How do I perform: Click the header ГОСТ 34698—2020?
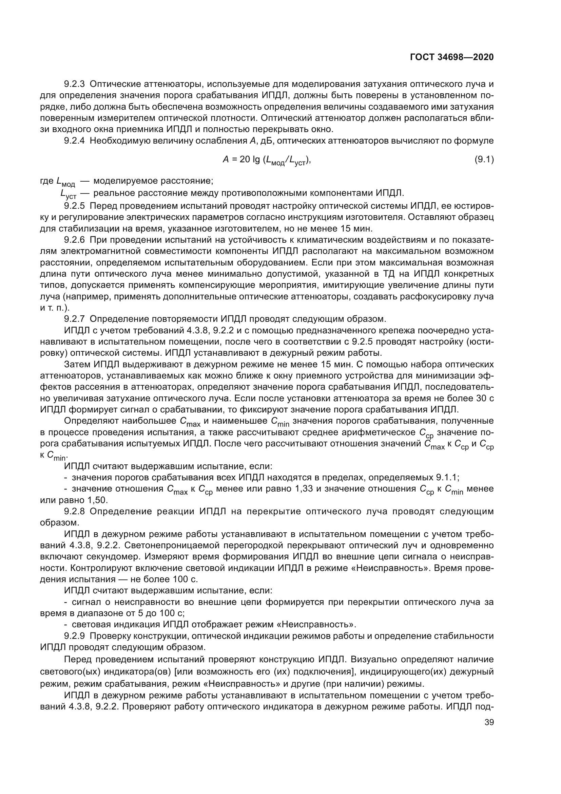click(x=451, y=57)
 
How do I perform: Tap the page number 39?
click(x=489, y=722)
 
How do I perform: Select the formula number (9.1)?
click(x=484, y=160)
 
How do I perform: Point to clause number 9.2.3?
click(x=74, y=84)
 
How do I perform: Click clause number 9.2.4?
click(x=74, y=141)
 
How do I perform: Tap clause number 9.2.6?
click(x=74, y=240)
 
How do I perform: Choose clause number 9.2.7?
click(x=74, y=318)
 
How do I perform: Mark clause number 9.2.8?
click(x=74, y=512)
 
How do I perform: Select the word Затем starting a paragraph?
click(x=77, y=364)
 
